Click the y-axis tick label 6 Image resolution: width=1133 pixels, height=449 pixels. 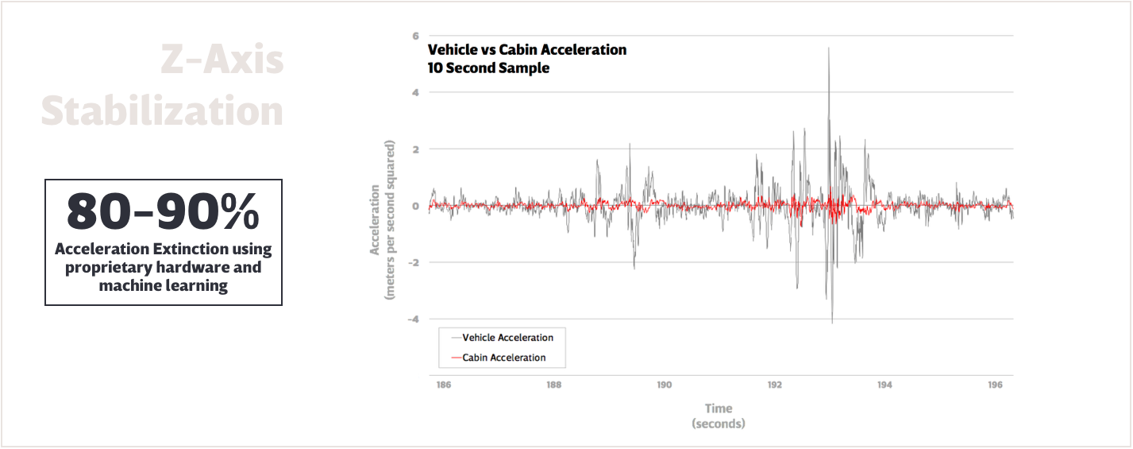tap(415, 36)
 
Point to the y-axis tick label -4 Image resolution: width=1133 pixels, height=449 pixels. tap(413, 319)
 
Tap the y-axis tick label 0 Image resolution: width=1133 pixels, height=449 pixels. tap(415, 206)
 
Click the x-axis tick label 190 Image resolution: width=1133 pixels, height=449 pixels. tap(664, 385)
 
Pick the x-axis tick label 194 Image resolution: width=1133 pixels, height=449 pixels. tap(884, 385)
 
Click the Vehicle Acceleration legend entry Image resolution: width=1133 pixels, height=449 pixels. tap(507, 338)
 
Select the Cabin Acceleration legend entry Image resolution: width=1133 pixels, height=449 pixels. tap(503, 358)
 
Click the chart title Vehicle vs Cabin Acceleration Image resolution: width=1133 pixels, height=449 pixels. tap(527, 50)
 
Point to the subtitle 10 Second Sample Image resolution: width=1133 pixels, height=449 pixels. tap(488, 68)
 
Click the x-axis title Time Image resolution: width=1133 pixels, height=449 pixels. tap(719, 408)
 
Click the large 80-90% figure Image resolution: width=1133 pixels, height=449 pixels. tap(163, 211)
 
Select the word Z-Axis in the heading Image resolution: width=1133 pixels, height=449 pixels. tap(222, 61)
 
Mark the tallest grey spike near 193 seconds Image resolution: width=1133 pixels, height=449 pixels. tap(829, 49)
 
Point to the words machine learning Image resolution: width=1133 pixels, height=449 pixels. tap(163, 286)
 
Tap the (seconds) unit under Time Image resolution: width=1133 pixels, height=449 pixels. tap(719, 424)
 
